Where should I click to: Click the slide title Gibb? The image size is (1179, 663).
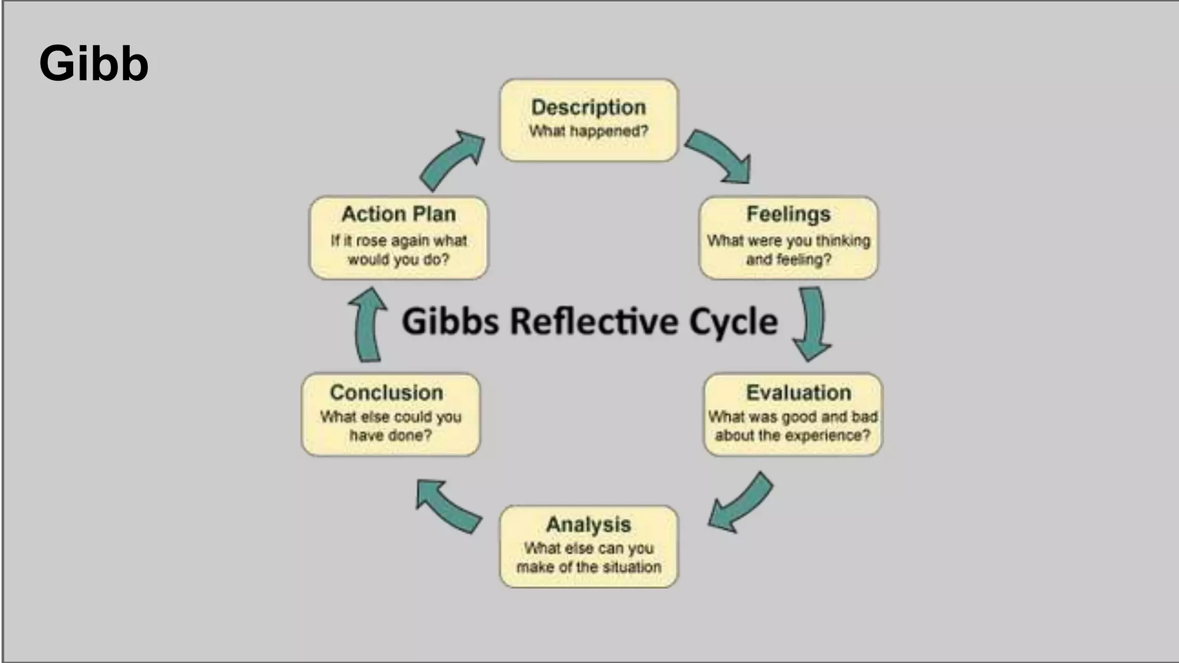click(94, 63)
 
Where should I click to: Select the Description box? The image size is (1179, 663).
click(588, 120)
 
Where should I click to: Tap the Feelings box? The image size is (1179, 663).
click(788, 238)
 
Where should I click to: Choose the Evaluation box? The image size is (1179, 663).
click(793, 414)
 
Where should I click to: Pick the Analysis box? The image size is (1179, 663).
click(588, 546)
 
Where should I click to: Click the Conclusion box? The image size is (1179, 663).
click(390, 414)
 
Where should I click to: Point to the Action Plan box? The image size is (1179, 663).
click(398, 238)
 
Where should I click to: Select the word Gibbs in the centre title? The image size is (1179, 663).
click(450, 321)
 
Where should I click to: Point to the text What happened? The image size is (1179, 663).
click(588, 131)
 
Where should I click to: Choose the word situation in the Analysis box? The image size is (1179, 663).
click(632, 567)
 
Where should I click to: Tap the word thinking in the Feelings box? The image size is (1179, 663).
click(843, 241)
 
